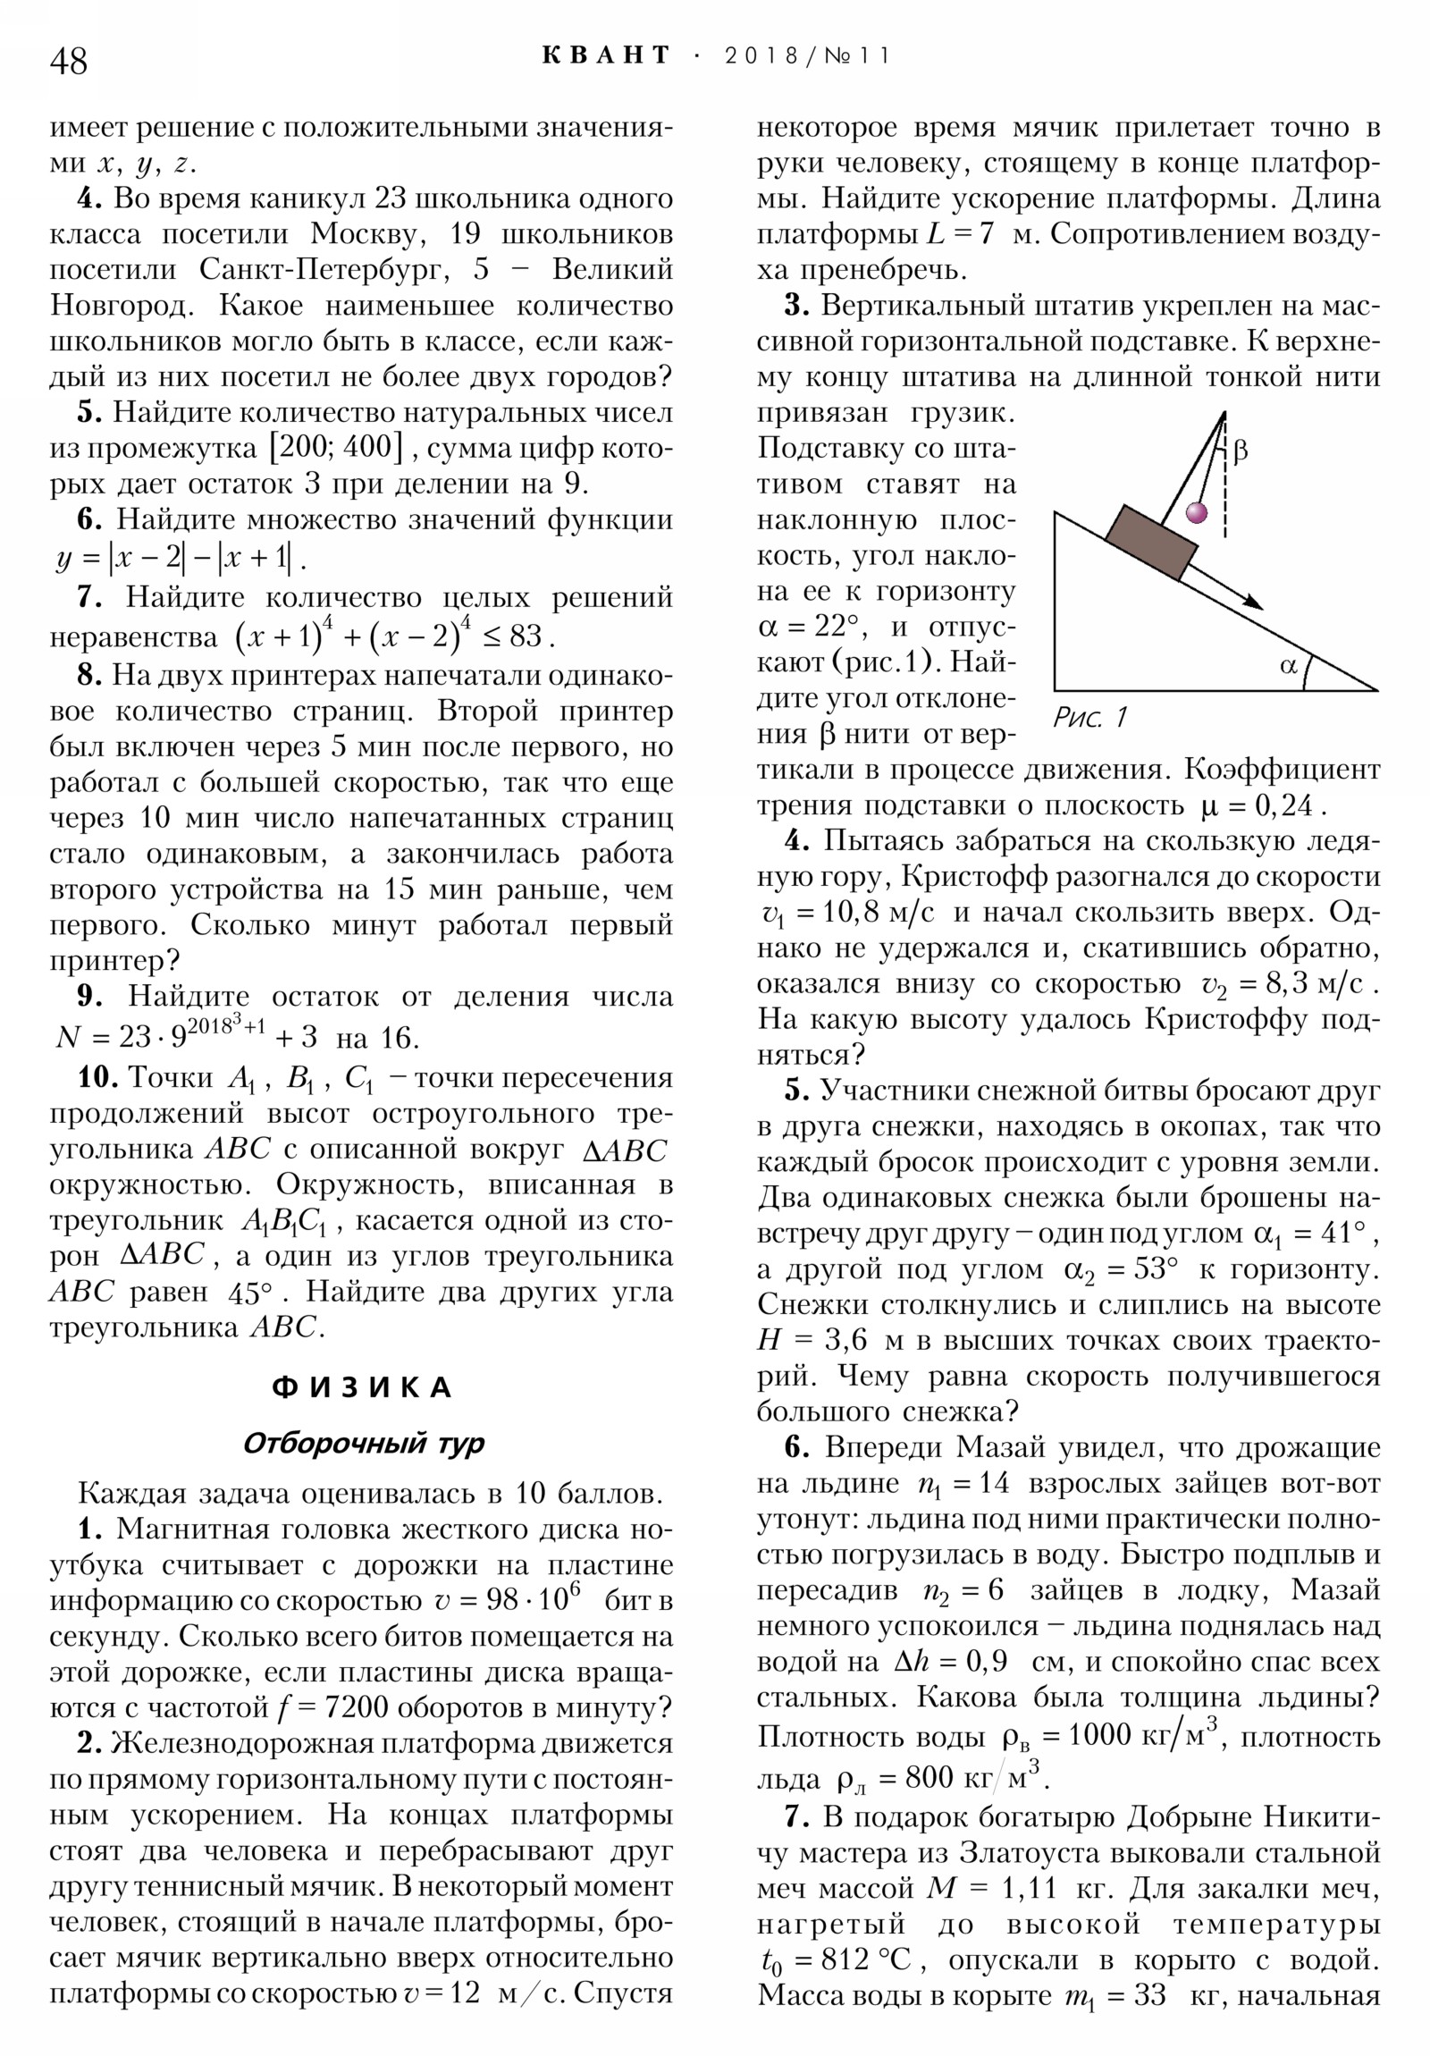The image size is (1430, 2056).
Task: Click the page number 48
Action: (x=69, y=62)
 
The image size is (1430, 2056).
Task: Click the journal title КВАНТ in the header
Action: (x=605, y=55)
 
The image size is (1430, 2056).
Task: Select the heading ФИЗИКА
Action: (x=362, y=1388)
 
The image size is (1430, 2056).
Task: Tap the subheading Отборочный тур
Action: (x=363, y=1444)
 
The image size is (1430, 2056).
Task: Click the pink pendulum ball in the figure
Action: (x=1197, y=512)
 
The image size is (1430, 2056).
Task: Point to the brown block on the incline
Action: (x=1150, y=543)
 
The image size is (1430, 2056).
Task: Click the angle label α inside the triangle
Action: (x=1289, y=664)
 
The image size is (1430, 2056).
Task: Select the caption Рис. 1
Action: (x=1089, y=716)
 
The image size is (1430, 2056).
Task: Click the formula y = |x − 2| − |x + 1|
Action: (x=179, y=559)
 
